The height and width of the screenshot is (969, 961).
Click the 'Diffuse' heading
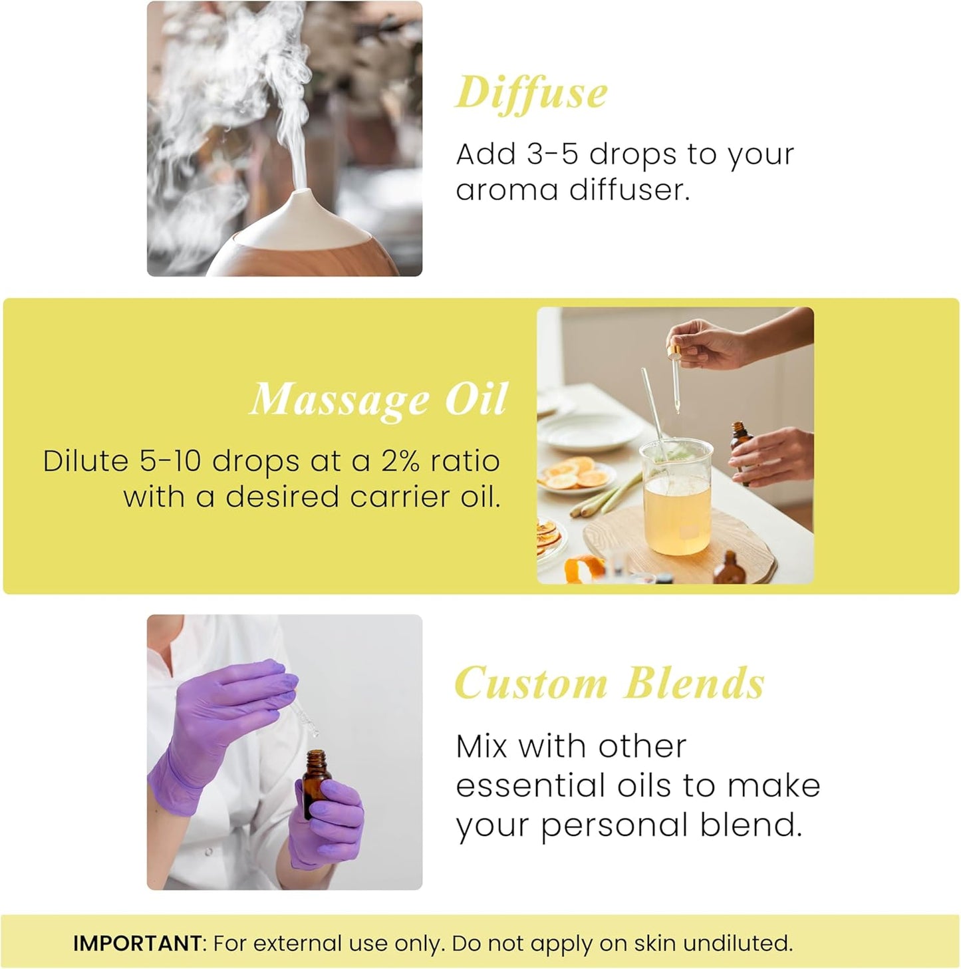pos(531,94)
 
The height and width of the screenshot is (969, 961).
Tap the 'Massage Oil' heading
pos(378,400)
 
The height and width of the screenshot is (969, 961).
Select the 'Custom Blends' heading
pos(609,684)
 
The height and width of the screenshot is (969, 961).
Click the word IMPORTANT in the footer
pos(137,943)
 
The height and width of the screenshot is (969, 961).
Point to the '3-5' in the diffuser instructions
pos(553,154)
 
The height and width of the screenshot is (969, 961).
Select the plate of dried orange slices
pos(575,476)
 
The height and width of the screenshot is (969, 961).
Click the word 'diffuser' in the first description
pos(629,190)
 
